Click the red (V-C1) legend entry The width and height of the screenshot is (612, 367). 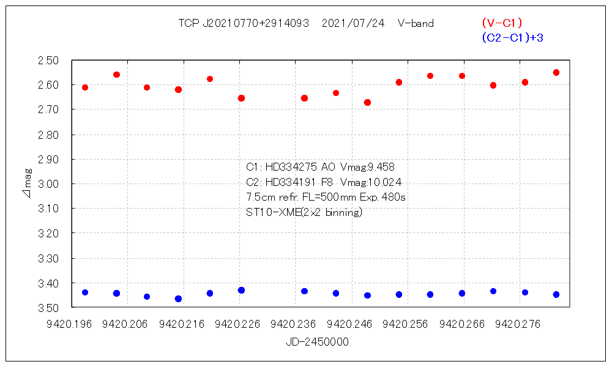pos(501,23)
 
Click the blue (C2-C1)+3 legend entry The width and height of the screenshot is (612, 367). pos(512,38)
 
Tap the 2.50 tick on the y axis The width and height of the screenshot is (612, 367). pos(48,61)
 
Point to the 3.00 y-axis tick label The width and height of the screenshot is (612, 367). pos(48,184)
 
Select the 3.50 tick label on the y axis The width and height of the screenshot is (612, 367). pos(48,307)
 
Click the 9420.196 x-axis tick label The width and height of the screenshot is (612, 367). pos(73,324)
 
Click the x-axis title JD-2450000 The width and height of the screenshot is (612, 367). pos(317,342)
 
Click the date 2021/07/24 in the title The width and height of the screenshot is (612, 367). pos(353,24)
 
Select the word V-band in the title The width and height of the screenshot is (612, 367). pos(416,24)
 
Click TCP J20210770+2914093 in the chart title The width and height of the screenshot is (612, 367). pos(244,24)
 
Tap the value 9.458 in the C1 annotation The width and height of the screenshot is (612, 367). pos(386,167)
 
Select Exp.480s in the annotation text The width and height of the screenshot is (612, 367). pos(386,198)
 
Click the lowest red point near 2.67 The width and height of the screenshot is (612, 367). pos(367,102)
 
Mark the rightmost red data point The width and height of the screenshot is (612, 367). pos(556,72)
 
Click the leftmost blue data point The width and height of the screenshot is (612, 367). pos(85,292)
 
